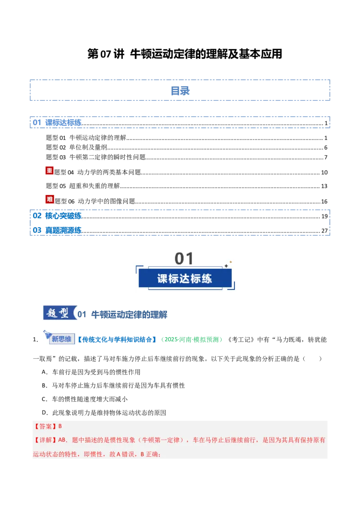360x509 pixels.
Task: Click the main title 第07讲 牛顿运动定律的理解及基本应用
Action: click(x=184, y=54)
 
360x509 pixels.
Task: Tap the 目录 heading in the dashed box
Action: click(x=180, y=90)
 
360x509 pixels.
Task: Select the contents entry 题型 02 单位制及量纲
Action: click(x=76, y=147)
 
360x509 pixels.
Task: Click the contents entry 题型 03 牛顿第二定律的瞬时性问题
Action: click(x=95, y=157)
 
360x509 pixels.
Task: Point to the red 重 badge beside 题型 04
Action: click(x=49, y=170)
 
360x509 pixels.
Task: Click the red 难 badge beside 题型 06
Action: click(x=49, y=199)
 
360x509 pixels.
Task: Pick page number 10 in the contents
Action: click(x=324, y=172)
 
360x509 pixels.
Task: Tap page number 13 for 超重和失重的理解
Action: click(x=324, y=186)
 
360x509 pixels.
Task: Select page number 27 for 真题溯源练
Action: click(x=324, y=231)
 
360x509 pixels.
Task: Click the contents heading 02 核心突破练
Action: click(x=57, y=216)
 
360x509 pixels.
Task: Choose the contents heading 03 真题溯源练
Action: click(x=57, y=230)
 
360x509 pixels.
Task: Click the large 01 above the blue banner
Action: click(x=184, y=259)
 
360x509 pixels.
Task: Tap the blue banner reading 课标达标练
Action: click(x=185, y=278)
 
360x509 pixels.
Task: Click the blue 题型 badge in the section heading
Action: click(x=59, y=313)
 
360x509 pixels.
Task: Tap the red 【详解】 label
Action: click(x=45, y=440)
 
